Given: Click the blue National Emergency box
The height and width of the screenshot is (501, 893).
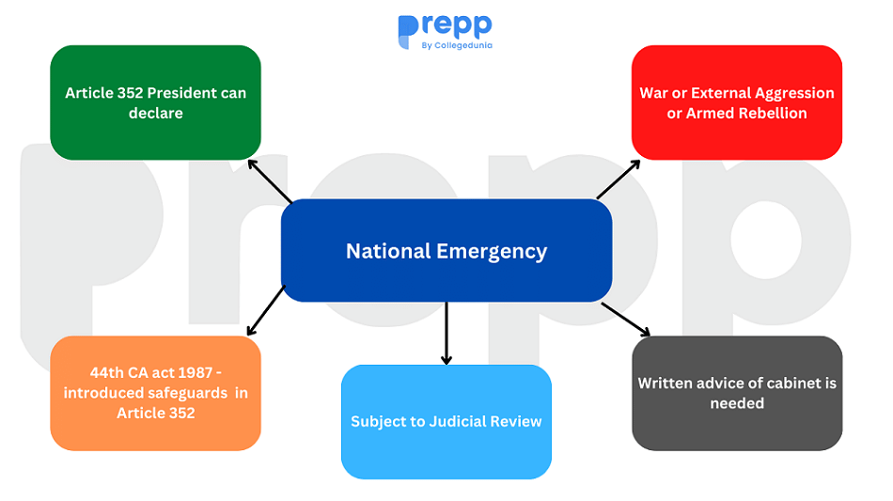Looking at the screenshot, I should (x=446, y=250).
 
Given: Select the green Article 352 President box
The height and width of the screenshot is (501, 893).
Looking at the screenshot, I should (x=155, y=102).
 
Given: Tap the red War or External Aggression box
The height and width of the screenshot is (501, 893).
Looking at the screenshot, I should (x=737, y=102).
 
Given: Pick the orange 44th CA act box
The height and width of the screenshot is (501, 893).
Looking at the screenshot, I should (x=155, y=393).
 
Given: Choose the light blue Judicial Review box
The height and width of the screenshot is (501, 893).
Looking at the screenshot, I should (x=446, y=421).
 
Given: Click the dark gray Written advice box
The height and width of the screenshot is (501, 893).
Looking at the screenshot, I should (x=737, y=393).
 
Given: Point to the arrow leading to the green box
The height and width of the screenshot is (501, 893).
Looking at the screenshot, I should (x=270, y=180).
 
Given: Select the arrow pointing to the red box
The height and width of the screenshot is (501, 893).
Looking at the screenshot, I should (x=618, y=179).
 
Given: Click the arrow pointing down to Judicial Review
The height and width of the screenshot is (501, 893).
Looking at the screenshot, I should (x=446, y=333).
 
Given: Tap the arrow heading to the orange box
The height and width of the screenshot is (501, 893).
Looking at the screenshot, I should (x=266, y=309).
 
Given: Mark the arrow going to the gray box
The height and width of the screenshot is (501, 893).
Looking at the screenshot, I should (x=625, y=319).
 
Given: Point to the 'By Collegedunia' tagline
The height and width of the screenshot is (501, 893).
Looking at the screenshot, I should (x=458, y=45).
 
